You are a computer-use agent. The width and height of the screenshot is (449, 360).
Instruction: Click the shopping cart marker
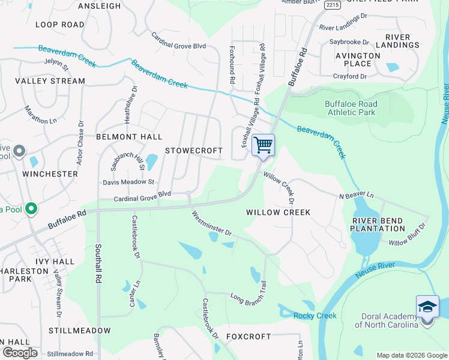point(264,145)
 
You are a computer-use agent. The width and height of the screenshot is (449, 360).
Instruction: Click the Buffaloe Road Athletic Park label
point(351,108)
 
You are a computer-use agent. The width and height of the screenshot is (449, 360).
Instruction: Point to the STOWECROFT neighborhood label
point(194,151)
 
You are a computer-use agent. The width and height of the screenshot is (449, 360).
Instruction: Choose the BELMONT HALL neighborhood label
point(129,137)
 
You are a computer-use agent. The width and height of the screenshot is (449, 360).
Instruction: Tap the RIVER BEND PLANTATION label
point(378,224)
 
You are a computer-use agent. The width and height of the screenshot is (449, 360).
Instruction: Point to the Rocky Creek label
point(315,316)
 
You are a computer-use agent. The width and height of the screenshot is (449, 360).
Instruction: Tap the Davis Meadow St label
point(128,182)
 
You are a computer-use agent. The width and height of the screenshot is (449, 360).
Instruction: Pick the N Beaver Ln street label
point(356,196)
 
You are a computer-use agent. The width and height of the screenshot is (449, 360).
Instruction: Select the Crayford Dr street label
point(350,77)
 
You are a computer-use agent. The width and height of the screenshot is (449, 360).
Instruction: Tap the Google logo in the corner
point(19,353)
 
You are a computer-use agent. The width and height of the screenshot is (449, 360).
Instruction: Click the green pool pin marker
point(31,209)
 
